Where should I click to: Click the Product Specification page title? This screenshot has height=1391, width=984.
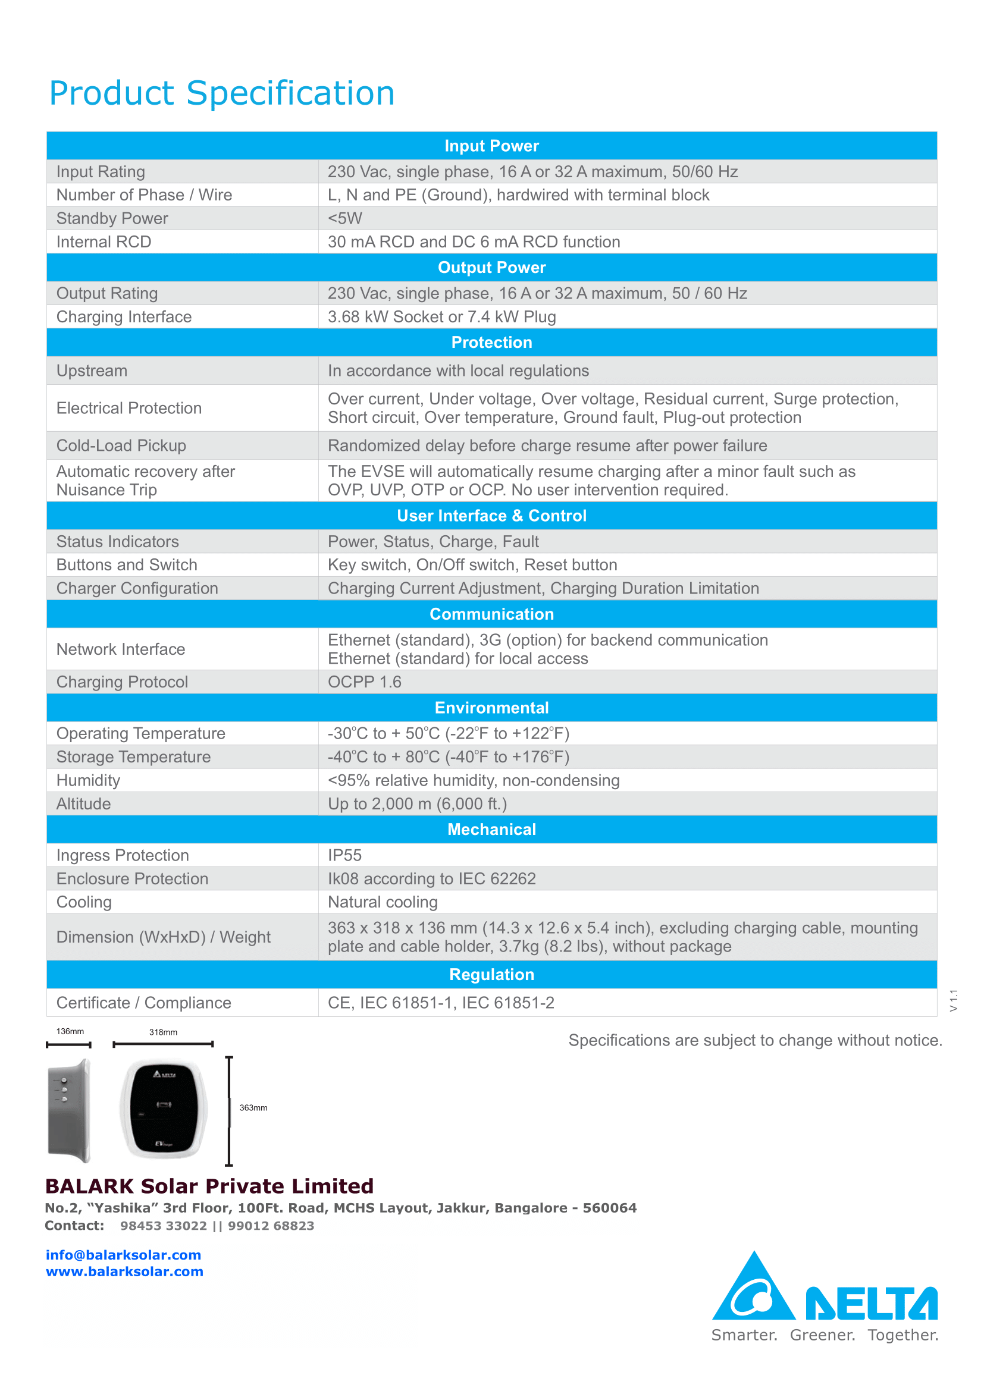tap(222, 93)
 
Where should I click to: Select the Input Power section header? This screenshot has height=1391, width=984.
tap(491, 146)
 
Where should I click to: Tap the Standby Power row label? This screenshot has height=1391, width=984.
tap(112, 219)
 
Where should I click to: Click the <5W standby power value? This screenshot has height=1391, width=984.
tap(345, 219)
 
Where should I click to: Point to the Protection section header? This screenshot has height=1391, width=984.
tap(491, 343)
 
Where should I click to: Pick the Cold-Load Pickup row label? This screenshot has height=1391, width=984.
tap(121, 446)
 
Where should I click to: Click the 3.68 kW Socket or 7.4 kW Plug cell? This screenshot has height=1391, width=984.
tap(441, 317)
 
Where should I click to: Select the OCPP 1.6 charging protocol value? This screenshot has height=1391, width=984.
tap(364, 682)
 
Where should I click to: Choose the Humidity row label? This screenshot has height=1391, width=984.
tap(88, 780)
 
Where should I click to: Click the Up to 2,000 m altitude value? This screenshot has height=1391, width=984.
tap(417, 804)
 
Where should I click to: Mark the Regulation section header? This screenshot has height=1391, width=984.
tap(491, 975)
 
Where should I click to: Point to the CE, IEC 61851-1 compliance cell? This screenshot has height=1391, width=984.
tap(440, 1003)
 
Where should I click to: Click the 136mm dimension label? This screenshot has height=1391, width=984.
tap(70, 1032)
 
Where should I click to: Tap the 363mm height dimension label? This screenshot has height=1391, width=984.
tap(253, 1108)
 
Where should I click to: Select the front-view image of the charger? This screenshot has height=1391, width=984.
tap(164, 1109)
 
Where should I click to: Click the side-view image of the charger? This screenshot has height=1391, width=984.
tap(70, 1110)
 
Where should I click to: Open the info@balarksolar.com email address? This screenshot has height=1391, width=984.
tap(124, 1255)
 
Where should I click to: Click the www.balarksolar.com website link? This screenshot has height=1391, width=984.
tap(125, 1271)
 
